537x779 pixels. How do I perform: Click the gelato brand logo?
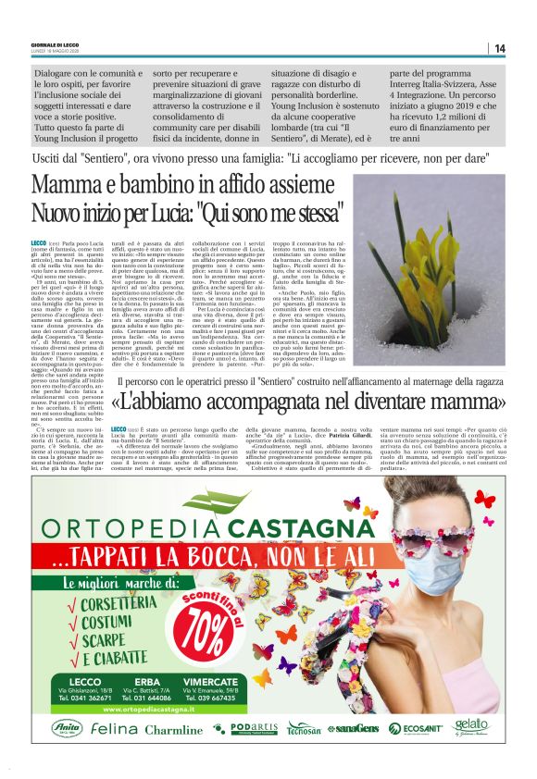click(x=470, y=726)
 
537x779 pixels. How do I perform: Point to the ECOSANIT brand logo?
click(x=416, y=729)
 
